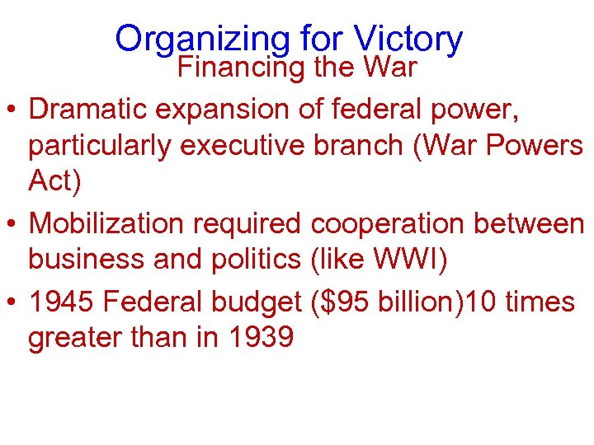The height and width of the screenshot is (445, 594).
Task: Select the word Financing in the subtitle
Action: [241, 67]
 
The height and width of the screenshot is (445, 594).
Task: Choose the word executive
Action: [243, 145]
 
